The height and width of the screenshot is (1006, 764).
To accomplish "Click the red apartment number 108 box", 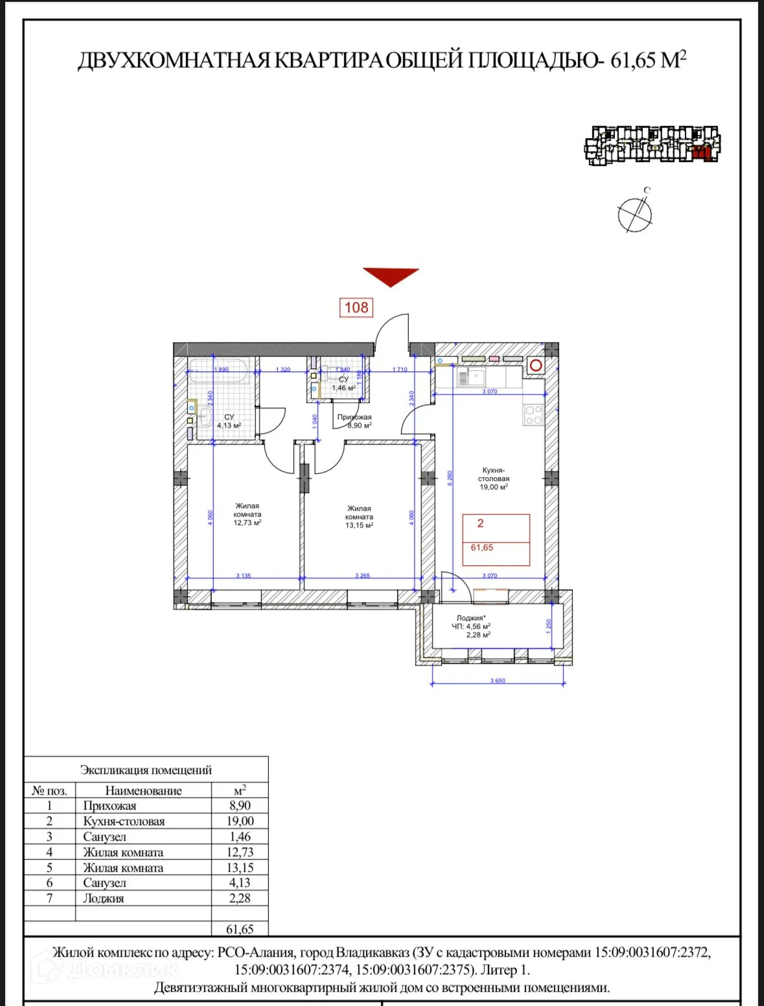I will point(356,307).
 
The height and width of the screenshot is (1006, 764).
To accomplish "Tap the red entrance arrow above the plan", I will point(390,275).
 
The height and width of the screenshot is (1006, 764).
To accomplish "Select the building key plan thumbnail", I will point(652,145).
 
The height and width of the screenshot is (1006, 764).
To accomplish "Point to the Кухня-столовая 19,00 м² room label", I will point(494,478).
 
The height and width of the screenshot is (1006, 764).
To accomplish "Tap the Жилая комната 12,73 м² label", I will point(248,514).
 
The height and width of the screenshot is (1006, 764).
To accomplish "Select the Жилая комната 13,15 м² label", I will point(359,517).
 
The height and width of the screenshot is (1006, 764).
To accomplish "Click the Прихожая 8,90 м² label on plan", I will point(354,421).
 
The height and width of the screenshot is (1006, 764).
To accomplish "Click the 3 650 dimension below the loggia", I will point(498,681).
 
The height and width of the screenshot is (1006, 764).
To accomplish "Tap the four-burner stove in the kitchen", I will point(533,415).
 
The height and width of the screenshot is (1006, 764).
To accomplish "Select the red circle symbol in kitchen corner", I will point(535,366).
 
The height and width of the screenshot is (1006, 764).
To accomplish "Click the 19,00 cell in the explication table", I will point(240,821).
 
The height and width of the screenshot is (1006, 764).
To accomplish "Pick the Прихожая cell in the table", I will point(110,806).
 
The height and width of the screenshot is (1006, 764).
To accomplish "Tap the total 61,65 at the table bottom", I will point(240,929).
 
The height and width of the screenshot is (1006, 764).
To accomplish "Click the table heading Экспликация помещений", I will point(146,770).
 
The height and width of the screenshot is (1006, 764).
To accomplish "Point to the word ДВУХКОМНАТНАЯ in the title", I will point(174,60).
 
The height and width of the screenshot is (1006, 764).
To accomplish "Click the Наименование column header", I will point(143,791).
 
